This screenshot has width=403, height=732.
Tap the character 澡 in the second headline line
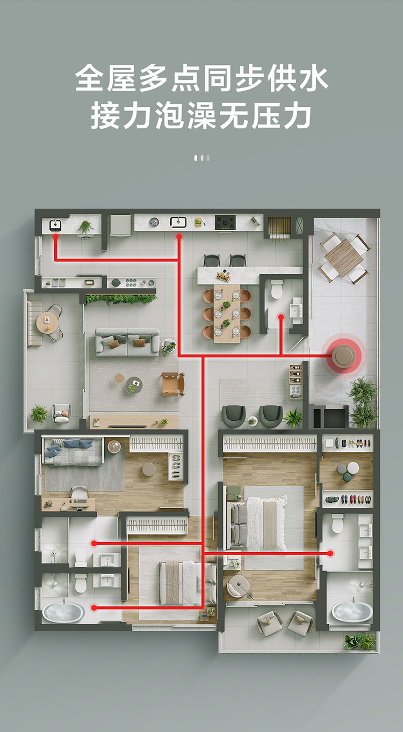(201, 115)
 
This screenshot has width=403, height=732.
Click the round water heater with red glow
(343, 356)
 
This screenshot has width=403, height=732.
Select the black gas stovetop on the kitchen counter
(225, 222)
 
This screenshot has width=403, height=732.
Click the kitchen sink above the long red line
(178, 222)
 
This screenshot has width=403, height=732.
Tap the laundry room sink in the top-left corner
(55, 225)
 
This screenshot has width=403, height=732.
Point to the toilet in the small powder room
(277, 289)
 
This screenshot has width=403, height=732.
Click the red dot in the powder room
(280, 317)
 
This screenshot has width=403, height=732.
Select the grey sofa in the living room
(127, 341)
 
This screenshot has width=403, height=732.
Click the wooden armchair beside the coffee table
(173, 384)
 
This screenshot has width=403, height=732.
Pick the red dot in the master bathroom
(330, 553)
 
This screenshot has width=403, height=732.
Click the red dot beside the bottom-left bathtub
(94, 608)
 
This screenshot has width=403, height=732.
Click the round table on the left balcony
(47, 323)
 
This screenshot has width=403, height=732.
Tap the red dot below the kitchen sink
(179, 237)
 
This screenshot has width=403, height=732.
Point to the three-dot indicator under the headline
(201, 158)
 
